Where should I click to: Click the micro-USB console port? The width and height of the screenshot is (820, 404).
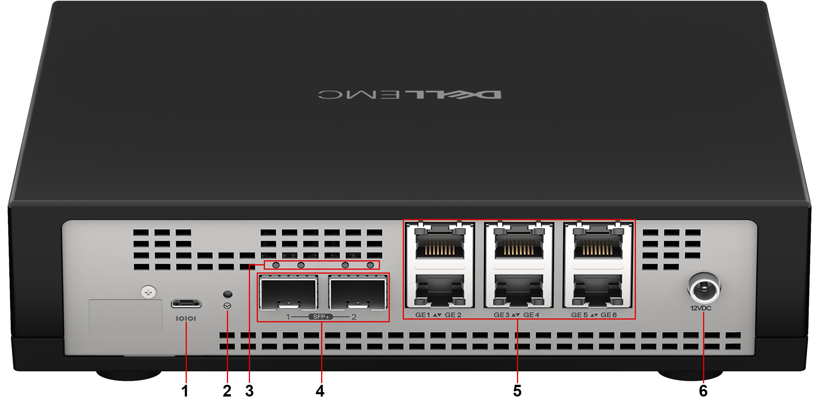click(x=186, y=303)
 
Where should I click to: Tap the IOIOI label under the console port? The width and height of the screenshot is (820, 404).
click(x=186, y=318)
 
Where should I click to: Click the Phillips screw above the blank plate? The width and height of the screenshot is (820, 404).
click(x=148, y=292)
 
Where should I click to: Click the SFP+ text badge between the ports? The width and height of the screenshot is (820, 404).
click(x=321, y=317)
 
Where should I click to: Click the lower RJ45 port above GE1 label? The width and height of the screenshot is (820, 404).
click(x=440, y=290)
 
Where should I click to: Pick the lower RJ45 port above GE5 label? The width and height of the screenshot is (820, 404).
click(x=597, y=290)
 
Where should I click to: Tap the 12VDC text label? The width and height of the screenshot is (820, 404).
click(x=701, y=308)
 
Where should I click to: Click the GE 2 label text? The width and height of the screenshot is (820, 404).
click(x=453, y=315)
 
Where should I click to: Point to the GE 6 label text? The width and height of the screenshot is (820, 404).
click(x=609, y=315)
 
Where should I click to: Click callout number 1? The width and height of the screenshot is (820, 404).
click(x=185, y=391)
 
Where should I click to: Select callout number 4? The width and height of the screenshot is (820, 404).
click(x=320, y=391)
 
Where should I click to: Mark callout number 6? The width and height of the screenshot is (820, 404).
click(x=703, y=391)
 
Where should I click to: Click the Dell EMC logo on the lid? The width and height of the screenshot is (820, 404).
click(x=409, y=95)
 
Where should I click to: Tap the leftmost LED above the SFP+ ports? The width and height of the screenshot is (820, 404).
click(x=276, y=265)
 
